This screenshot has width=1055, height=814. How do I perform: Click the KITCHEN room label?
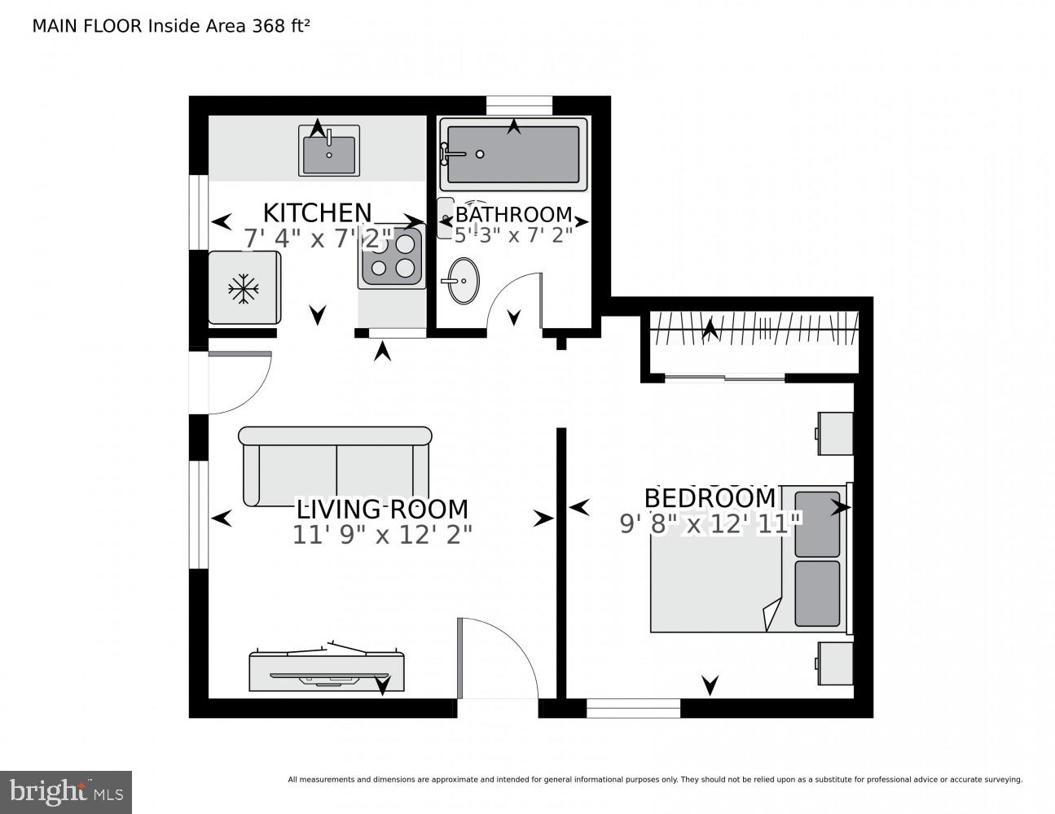click(x=317, y=213)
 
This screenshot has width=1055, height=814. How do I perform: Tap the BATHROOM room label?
click(x=513, y=215)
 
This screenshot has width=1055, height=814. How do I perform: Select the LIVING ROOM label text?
click(x=382, y=510)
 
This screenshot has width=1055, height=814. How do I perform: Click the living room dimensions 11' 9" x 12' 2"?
click(x=382, y=534)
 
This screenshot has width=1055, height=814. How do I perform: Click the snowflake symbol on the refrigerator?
click(x=243, y=288)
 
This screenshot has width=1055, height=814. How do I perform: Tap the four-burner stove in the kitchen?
click(x=391, y=256)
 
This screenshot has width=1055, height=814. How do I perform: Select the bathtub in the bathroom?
click(x=513, y=155)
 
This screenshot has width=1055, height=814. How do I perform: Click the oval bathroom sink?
click(x=464, y=281)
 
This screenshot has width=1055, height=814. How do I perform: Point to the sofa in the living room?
click(x=336, y=466)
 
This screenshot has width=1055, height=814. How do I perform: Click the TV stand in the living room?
click(x=327, y=671)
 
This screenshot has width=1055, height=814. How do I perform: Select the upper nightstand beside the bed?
click(x=835, y=433)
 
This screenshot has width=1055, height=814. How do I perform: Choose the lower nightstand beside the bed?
click(x=835, y=663)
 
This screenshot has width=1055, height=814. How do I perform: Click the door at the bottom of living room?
click(x=497, y=659)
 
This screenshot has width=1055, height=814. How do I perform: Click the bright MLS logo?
click(x=65, y=791)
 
